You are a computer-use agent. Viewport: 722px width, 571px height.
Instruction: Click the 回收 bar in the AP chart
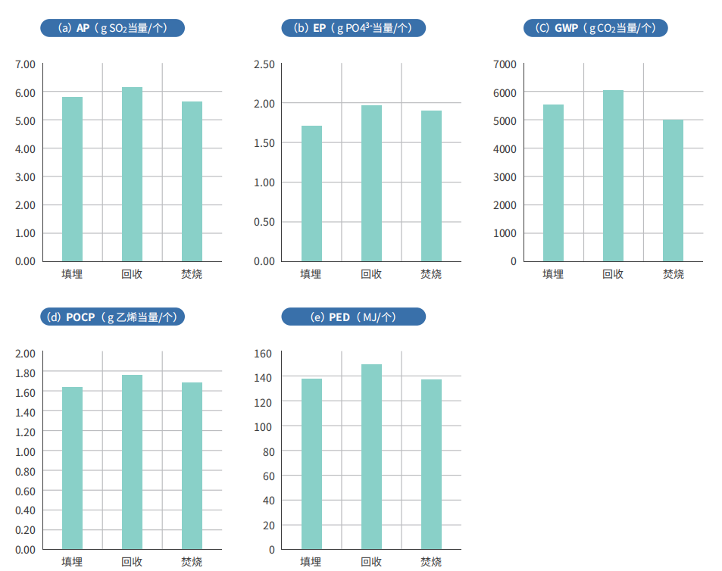[x=132, y=174]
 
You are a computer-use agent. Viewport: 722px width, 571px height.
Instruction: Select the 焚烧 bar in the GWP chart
[x=673, y=190]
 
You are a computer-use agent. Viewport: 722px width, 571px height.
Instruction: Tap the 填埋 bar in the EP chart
[x=311, y=193]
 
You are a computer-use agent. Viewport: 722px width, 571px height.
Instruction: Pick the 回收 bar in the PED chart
[x=371, y=457]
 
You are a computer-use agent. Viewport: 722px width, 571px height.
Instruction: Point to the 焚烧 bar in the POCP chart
[x=192, y=466]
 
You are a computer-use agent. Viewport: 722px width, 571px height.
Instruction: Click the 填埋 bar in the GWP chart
[x=553, y=183]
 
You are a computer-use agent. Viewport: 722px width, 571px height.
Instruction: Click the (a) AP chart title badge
[x=112, y=28]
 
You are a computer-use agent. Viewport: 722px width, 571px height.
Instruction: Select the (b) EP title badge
[x=353, y=28]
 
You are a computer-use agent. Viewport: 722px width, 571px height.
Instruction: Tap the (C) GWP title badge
[x=595, y=28]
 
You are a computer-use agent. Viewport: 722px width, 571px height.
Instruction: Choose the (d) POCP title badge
[x=112, y=317]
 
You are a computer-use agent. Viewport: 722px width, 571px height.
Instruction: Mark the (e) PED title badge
[x=353, y=317]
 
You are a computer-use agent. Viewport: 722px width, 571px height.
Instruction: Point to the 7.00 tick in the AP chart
[x=25, y=64]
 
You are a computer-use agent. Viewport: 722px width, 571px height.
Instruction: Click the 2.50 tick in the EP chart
[x=264, y=64]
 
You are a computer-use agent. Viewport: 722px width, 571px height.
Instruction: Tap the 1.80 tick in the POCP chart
[x=25, y=373]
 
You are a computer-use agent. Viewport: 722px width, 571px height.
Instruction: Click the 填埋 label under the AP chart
[x=72, y=273]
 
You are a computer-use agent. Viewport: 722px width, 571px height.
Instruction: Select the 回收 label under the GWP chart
[x=613, y=273]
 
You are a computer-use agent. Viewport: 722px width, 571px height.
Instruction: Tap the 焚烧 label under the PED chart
[x=431, y=561]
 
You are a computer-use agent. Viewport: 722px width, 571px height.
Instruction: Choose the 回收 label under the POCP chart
[x=132, y=561]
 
